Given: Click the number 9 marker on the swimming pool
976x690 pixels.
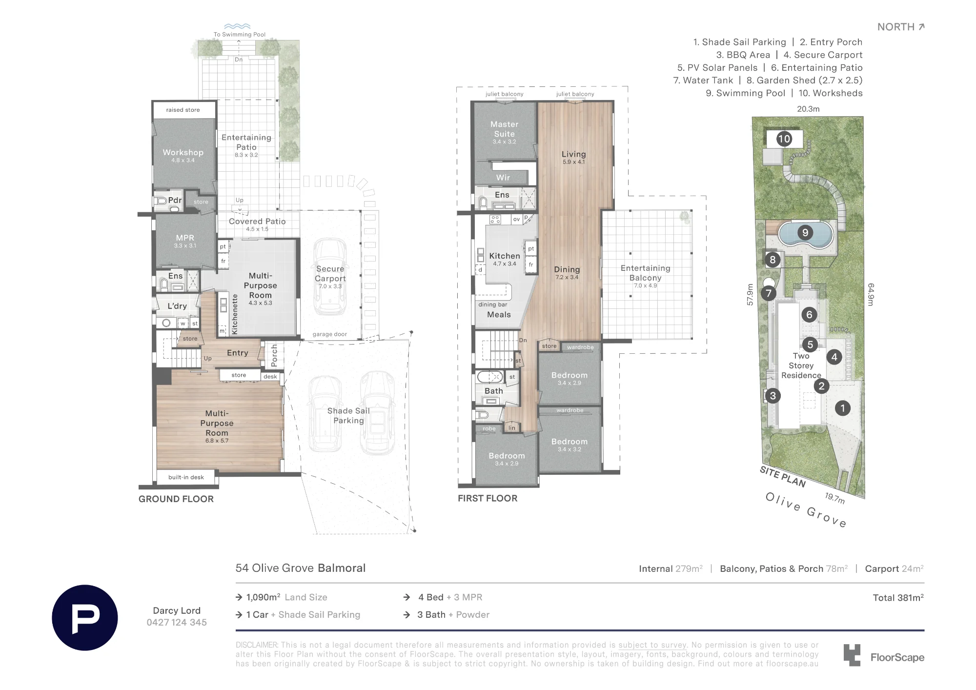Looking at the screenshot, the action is (805, 233).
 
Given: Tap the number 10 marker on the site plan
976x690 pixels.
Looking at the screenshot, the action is (784, 139).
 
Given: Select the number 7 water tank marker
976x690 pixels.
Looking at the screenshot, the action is (769, 293).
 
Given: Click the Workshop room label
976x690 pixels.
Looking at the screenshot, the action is (183, 152).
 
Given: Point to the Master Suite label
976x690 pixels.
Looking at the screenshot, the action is (504, 129).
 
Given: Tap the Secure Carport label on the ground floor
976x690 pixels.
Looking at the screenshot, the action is (330, 274).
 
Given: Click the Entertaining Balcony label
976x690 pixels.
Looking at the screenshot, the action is (645, 273).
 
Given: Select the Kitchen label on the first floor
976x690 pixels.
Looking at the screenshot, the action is (505, 256).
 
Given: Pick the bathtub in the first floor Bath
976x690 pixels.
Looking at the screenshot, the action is (490, 377).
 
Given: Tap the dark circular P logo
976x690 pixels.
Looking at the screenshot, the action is (85, 618).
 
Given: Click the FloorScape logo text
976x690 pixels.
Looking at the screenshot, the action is (897, 657).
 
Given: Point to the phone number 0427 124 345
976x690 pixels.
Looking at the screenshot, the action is (177, 622).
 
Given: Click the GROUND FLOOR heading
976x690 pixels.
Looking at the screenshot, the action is (176, 499).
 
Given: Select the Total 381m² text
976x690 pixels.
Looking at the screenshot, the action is (898, 597).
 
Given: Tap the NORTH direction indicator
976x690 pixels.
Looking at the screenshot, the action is (901, 27).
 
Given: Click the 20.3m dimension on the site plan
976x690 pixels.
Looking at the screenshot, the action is (808, 109).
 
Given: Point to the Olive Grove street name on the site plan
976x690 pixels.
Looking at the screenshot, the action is (806, 509).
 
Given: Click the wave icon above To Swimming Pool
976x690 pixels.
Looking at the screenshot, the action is (237, 26).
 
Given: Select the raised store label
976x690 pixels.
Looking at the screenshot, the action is (183, 110).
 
